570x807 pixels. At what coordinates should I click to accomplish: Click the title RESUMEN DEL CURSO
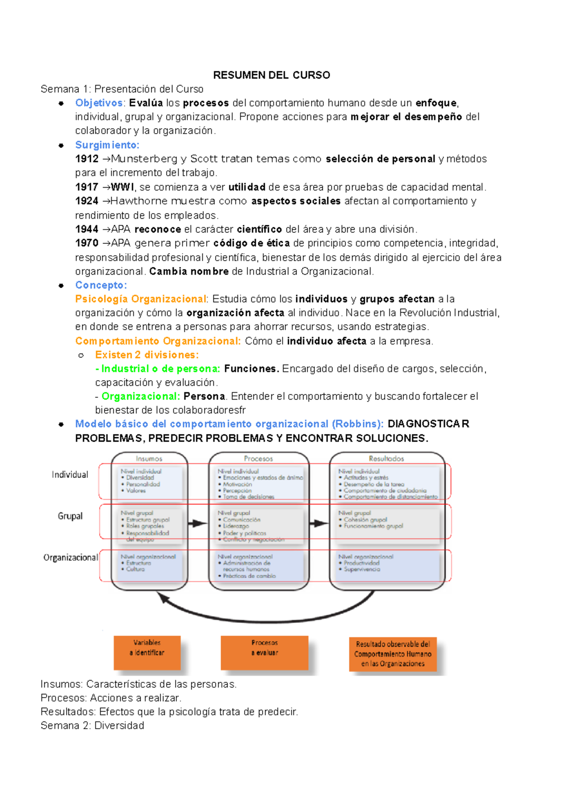click(271, 75)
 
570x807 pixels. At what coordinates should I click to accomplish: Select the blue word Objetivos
click(99, 103)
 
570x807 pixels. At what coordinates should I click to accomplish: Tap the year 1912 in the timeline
click(86, 159)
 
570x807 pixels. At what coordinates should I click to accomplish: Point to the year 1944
click(86, 230)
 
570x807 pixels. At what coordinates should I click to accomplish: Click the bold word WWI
click(123, 187)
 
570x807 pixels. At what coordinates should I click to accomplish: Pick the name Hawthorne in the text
click(139, 201)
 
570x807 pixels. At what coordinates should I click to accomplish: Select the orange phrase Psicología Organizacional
click(141, 299)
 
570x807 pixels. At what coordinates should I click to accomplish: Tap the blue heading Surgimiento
click(107, 145)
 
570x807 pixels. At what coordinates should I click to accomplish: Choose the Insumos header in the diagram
click(149, 459)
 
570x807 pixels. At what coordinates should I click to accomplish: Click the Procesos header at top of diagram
click(258, 459)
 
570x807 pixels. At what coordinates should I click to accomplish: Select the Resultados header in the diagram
click(386, 459)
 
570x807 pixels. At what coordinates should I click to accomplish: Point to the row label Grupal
click(70, 516)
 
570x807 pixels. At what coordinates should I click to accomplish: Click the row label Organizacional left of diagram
click(71, 557)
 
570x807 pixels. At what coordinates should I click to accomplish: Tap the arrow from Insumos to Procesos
click(198, 524)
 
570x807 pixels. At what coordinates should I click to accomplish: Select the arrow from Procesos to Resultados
click(319, 524)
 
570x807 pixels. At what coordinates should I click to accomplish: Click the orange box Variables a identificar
click(147, 652)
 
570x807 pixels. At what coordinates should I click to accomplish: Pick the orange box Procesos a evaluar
click(265, 652)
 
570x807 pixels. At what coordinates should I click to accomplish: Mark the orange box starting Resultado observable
click(393, 654)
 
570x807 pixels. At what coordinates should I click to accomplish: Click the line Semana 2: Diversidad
click(92, 726)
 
